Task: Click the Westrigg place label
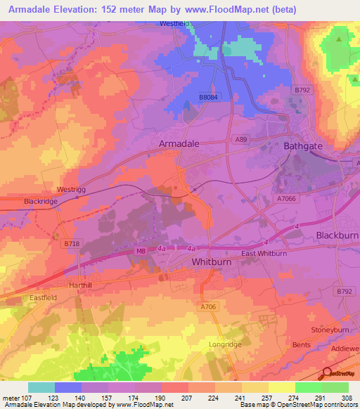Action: coord(71,190)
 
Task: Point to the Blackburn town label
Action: coord(337,235)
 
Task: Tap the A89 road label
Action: coord(240,141)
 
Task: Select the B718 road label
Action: coord(71,243)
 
